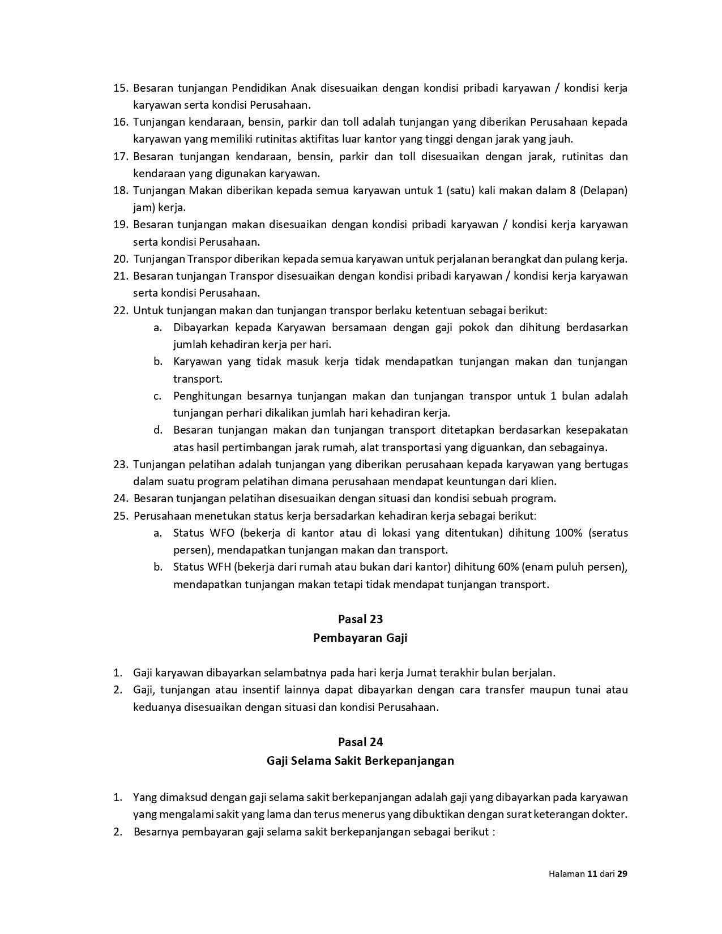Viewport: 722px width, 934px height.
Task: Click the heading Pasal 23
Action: point(360,619)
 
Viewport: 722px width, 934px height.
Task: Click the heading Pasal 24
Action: point(360,742)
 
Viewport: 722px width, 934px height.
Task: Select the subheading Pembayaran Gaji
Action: point(360,638)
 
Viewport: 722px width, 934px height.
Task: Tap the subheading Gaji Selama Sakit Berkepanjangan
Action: point(360,760)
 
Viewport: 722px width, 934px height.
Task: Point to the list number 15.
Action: point(121,88)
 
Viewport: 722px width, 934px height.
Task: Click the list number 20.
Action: point(121,259)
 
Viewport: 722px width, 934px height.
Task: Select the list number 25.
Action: point(121,516)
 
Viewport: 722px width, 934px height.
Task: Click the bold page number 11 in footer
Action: point(592,873)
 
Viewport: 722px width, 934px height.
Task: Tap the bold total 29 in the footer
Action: point(622,873)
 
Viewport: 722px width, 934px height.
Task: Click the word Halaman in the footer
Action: point(566,873)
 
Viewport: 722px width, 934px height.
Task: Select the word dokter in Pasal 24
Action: point(610,815)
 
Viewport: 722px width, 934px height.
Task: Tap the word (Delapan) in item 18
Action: point(606,191)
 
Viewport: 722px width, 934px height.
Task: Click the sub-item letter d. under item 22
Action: point(158,430)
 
